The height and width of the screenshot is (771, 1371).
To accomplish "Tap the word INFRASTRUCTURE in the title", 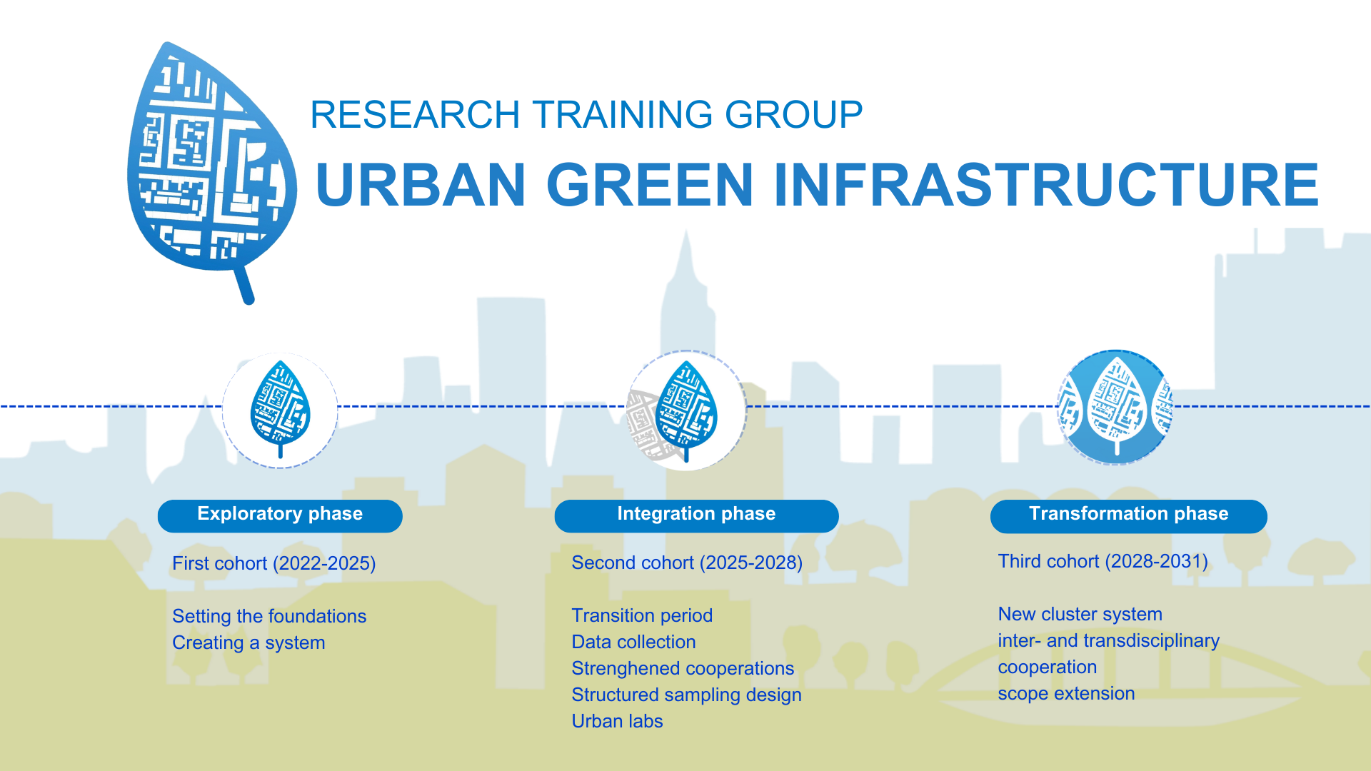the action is [1046, 184].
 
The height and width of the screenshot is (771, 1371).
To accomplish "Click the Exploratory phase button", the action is [280, 515].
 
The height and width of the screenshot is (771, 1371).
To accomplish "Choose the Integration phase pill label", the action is [696, 515].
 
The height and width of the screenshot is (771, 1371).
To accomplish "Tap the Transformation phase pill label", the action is [1128, 515].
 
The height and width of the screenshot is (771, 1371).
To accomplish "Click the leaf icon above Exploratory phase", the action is [280, 409].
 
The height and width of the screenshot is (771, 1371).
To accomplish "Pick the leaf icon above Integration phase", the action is [686, 410].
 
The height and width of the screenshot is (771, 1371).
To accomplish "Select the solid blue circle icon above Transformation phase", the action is [1115, 408].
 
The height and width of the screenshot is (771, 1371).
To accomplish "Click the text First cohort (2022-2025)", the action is [273, 563].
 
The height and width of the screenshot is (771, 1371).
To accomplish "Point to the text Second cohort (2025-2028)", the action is [687, 563].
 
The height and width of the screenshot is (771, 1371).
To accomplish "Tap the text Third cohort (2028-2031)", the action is [1103, 561].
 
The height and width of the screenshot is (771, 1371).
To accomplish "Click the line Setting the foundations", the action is [269, 616].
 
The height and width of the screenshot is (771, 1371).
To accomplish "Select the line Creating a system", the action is [248, 642].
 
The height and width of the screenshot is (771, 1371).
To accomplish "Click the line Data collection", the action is [633, 642].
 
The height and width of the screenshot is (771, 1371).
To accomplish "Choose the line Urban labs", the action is [617, 721].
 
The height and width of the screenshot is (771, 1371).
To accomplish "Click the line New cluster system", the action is [1080, 614].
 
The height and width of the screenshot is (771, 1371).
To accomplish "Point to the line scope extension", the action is [1066, 693].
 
